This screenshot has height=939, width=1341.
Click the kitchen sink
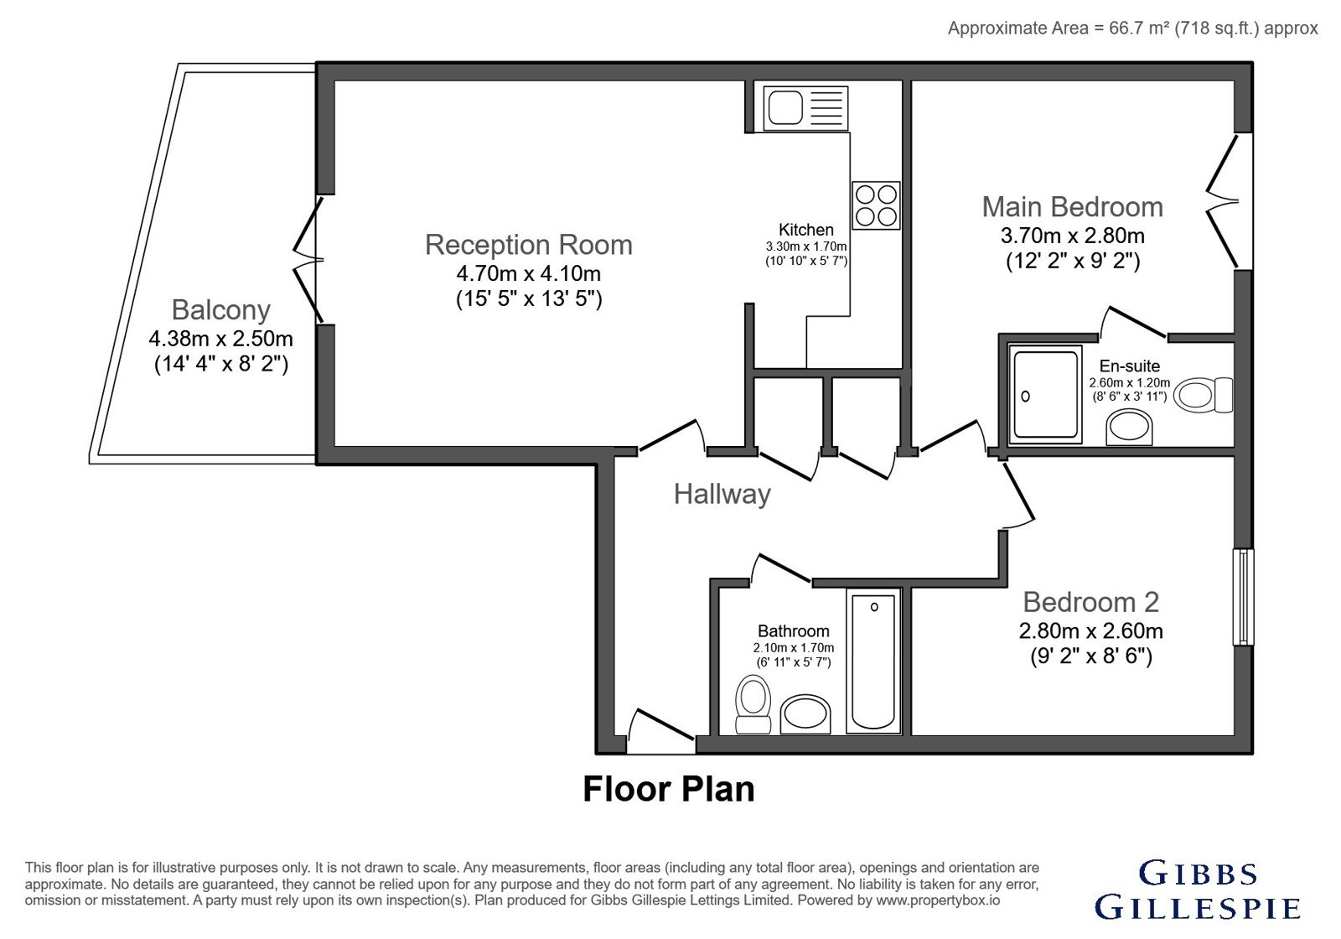click(805, 108)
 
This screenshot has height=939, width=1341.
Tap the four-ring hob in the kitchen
click(876, 205)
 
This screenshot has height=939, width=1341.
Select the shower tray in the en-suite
click(1045, 395)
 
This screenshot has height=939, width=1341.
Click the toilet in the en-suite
click(1203, 395)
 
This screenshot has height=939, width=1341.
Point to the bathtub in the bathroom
click(873, 661)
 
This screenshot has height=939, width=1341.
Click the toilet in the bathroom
click(753, 704)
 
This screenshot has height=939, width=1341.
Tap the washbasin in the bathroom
click(805, 714)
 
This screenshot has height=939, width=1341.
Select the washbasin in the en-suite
click(1129, 428)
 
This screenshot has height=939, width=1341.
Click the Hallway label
click(722, 495)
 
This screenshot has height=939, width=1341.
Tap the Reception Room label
click(529, 245)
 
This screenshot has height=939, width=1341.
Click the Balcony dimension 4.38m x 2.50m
click(221, 339)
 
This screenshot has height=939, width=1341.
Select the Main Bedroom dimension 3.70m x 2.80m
click(1073, 236)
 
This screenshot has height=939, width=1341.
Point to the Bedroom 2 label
click(1090, 603)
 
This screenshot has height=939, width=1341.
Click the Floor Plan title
click(669, 789)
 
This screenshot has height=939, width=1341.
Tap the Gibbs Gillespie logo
click(1198, 890)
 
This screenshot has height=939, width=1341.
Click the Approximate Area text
click(1132, 29)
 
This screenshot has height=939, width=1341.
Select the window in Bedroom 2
click(1244, 597)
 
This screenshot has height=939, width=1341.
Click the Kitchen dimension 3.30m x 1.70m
click(806, 246)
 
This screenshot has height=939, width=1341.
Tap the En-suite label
click(1130, 366)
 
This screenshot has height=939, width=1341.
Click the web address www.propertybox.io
click(938, 900)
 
